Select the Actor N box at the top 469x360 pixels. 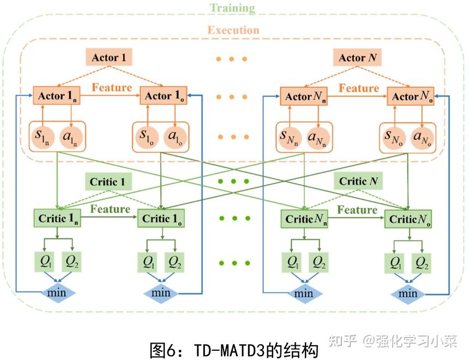click(x=358, y=58)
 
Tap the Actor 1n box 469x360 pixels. click(x=58, y=96)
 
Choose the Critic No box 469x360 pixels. click(x=411, y=219)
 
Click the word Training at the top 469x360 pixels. click(x=232, y=8)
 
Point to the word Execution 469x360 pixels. click(x=233, y=30)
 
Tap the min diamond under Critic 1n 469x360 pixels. click(x=58, y=292)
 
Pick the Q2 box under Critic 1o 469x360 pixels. click(x=175, y=262)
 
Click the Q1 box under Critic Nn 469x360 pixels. click(x=293, y=263)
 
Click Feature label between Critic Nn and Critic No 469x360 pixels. click(x=357, y=210)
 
